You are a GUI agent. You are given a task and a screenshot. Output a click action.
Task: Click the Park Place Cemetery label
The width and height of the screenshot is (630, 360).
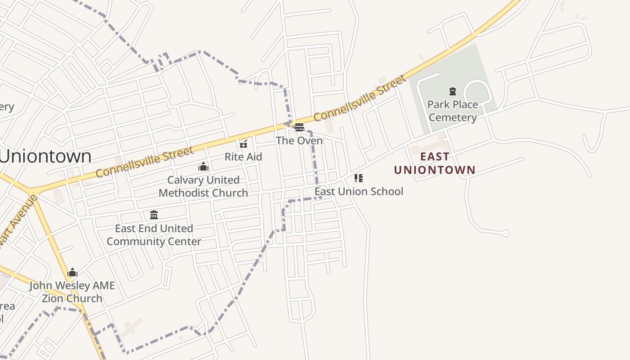point(452,111)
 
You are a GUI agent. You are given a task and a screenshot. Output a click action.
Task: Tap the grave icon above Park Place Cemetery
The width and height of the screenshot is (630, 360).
point(453,92)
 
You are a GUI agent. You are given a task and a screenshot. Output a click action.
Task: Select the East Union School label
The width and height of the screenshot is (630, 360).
point(359,191)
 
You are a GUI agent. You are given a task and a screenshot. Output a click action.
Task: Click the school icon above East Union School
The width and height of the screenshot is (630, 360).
point(358,178)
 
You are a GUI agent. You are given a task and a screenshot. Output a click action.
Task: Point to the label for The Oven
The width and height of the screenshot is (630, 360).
point(299,141)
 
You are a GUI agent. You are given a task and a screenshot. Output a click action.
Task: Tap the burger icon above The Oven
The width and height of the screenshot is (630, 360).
point(299,127)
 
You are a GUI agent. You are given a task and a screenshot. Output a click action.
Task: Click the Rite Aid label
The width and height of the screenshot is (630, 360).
point(243,157)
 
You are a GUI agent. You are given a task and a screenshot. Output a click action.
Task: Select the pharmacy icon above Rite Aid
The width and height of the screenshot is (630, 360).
point(243,144)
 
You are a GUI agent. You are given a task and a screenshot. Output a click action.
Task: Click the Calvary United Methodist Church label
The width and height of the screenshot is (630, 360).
point(203,186)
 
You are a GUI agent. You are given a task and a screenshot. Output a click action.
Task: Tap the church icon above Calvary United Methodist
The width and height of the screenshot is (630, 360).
point(203,167)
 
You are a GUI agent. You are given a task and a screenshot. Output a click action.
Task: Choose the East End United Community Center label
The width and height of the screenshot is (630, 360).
point(154,235)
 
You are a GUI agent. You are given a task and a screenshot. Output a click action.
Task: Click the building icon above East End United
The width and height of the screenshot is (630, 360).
point(154,215)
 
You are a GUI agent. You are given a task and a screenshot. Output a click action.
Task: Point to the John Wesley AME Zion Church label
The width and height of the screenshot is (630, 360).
point(72,292)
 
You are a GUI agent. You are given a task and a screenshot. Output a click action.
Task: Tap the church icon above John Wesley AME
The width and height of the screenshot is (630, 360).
point(72,272)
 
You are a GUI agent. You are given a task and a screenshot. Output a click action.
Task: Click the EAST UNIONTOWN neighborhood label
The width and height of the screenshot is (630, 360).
point(435,163)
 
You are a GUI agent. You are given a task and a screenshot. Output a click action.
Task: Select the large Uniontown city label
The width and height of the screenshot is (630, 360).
point(45,156)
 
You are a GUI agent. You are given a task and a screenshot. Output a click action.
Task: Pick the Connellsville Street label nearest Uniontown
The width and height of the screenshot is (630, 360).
point(144,162)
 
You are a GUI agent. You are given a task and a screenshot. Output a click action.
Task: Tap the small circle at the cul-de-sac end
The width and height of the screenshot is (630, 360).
point(505,233)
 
